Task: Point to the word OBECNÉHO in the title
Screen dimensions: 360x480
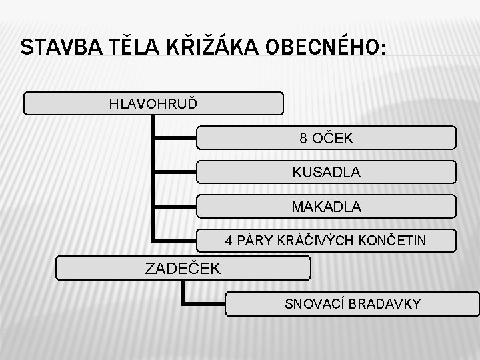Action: click(325, 48)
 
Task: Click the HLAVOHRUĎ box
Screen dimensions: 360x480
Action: click(153, 103)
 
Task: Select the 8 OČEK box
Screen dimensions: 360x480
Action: click(327, 138)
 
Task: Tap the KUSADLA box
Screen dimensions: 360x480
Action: click(327, 172)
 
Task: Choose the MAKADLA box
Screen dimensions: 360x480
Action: click(327, 207)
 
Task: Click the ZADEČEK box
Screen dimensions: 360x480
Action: click(183, 269)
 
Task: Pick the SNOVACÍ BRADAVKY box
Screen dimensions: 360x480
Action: click(353, 304)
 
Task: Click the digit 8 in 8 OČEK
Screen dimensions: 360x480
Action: click(303, 139)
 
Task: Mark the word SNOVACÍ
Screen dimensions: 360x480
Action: click(311, 304)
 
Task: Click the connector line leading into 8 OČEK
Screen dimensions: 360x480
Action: click(175, 139)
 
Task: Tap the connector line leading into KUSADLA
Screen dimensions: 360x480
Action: click(175, 172)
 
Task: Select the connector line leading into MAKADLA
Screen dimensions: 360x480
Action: click(175, 207)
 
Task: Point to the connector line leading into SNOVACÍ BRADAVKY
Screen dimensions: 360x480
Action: click(204, 304)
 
